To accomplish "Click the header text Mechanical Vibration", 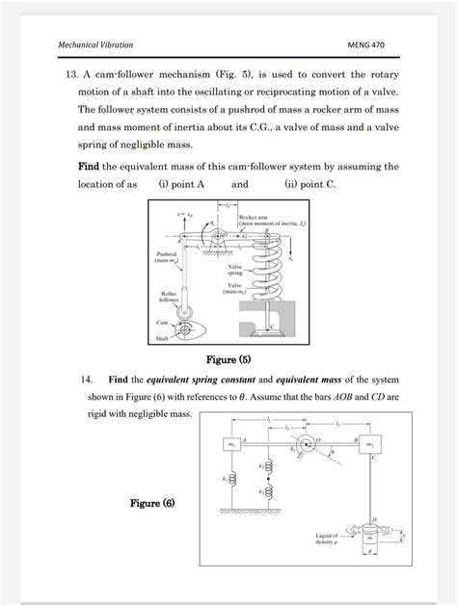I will pos(96,45).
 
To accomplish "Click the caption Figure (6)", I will pos(152,503).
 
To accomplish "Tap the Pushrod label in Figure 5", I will pos(168,259).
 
